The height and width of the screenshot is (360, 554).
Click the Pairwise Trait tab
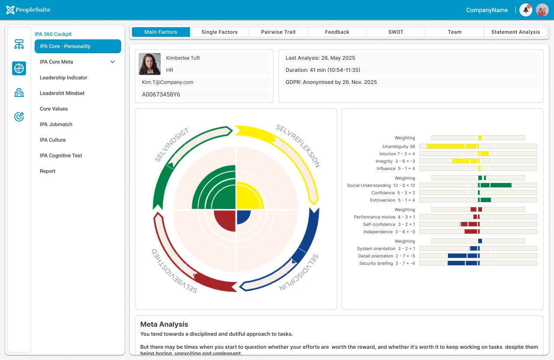tap(278, 32)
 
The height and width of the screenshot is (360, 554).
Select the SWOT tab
tap(396, 32)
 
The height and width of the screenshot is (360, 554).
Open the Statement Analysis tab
tap(515, 32)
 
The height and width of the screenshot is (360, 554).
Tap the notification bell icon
tap(526, 10)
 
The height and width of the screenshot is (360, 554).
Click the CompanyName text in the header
tap(487, 10)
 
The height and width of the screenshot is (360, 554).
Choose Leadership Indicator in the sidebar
tap(64, 77)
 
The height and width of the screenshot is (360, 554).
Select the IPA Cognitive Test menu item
tap(61, 155)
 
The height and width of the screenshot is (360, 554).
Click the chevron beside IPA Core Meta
tap(113, 62)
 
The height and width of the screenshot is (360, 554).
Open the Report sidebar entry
tap(48, 171)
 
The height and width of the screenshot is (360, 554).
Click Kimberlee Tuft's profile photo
tap(150, 64)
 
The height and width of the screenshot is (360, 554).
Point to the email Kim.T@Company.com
tap(168, 82)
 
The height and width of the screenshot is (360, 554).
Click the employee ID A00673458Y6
tap(161, 94)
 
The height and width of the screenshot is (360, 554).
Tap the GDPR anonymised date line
tap(331, 82)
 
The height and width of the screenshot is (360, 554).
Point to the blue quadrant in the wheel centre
tap(242, 216)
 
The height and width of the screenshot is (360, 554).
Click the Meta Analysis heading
tap(164, 324)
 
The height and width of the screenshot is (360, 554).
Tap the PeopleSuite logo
tap(28, 10)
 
